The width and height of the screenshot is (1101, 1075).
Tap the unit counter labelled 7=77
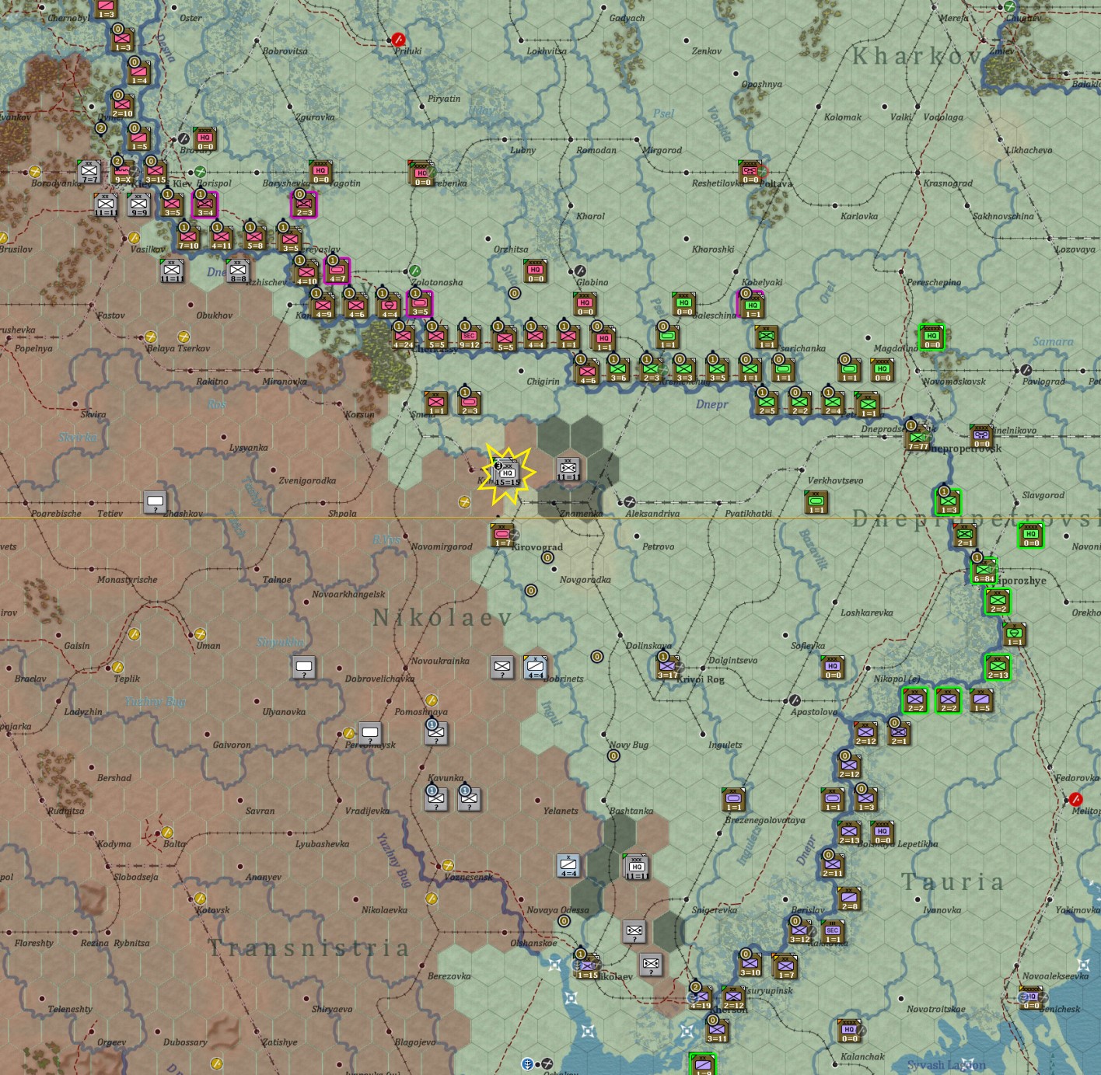[917, 438]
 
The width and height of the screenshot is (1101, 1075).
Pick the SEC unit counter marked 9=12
[469, 337]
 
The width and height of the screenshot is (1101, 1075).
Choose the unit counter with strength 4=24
[403, 337]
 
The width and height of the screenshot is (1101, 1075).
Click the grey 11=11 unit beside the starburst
[568, 469]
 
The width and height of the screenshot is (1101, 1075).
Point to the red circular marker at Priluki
[399, 39]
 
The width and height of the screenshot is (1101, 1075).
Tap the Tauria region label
[952, 881]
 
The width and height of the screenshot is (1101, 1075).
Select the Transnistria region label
[309, 948]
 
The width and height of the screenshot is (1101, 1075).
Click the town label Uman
[208, 646]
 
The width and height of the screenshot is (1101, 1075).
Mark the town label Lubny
[523, 150]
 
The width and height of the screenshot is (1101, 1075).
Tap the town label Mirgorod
[662, 150]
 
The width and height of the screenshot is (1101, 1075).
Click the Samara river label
[1053, 341]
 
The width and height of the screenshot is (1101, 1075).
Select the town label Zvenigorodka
[307, 480]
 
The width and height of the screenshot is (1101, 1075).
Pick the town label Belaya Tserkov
[178, 348]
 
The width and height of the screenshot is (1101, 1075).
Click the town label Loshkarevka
[866, 613]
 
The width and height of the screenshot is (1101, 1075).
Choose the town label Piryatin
[444, 99]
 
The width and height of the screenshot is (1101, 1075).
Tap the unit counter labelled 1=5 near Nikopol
[981, 700]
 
